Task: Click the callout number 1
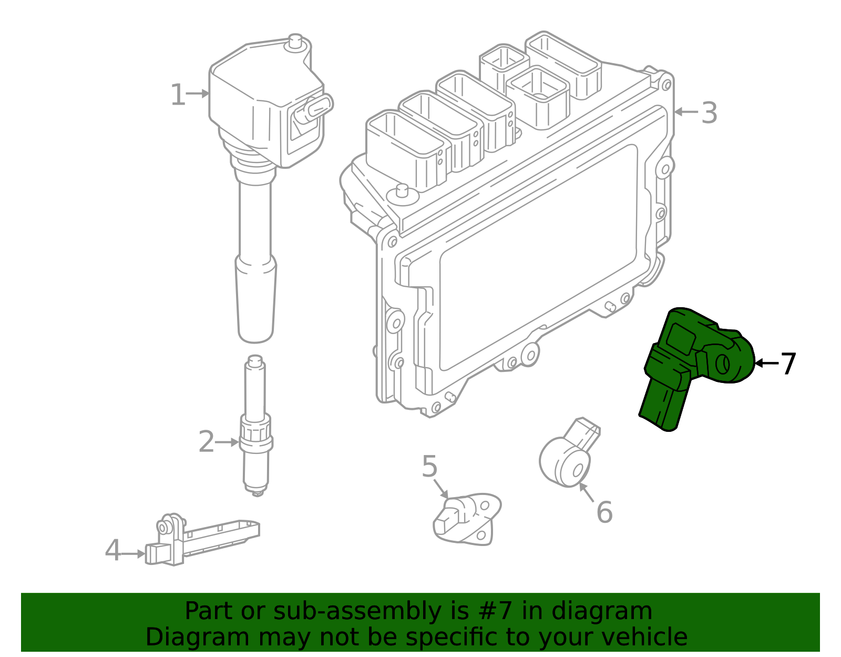click(178, 95)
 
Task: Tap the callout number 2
click(206, 442)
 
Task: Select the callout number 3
click(709, 113)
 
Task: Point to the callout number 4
click(113, 551)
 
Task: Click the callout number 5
click(429, 467)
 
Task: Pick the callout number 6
click(604, 512)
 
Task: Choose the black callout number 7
click(788, 363)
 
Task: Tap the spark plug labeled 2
click(256, 426)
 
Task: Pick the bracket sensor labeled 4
click(200, 542)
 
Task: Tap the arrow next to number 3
click(686, 112)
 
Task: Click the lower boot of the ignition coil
click(256, 300)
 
